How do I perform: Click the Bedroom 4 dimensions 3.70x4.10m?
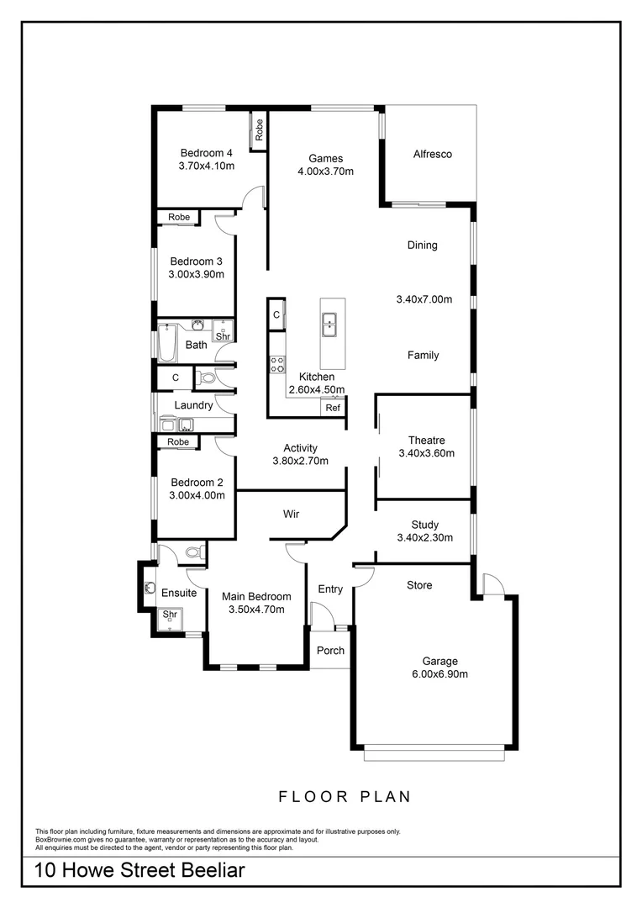[206, 166]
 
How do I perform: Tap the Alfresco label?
[433, 154]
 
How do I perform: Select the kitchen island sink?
[329, 321]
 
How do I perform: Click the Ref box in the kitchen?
[333, 408]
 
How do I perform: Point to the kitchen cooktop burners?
[276, 364]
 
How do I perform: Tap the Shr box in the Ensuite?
[171, 615]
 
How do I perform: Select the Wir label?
[292, 513]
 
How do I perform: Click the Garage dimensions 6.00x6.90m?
[440, 674]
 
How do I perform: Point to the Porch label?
[330, 650]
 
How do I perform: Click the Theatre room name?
[426, 440]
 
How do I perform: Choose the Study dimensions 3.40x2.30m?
[426, 538]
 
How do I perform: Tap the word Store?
[419, 585]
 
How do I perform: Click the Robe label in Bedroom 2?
[178, 442]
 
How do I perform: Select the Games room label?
[325, 158]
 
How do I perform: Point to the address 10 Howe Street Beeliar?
[140, 870]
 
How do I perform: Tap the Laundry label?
[193, 405]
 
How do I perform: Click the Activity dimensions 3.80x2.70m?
[300, 461]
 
